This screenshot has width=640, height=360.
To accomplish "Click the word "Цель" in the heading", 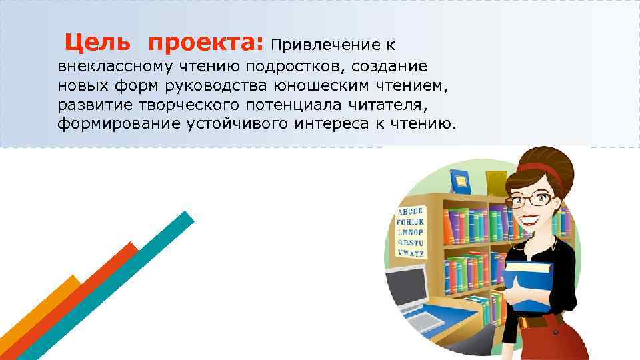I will tap(97, 43).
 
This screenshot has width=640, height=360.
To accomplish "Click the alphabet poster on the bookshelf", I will tap(410, 230).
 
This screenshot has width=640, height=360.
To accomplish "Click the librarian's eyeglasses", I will tap(529, 199).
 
